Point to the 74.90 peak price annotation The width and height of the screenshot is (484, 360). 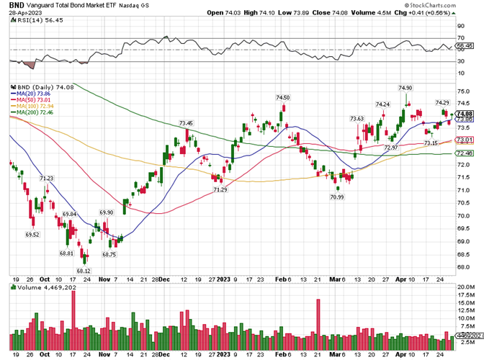coord(405,88)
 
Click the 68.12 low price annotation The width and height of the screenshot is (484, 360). coord(84,271)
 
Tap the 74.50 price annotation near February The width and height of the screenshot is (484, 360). coord(282,98)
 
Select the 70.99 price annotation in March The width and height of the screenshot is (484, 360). coord(336,197)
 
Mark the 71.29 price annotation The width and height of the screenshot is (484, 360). coord(220,189)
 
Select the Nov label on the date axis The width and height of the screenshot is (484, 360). coord(104,279)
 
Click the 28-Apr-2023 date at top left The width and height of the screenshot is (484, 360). coord(20,13)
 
